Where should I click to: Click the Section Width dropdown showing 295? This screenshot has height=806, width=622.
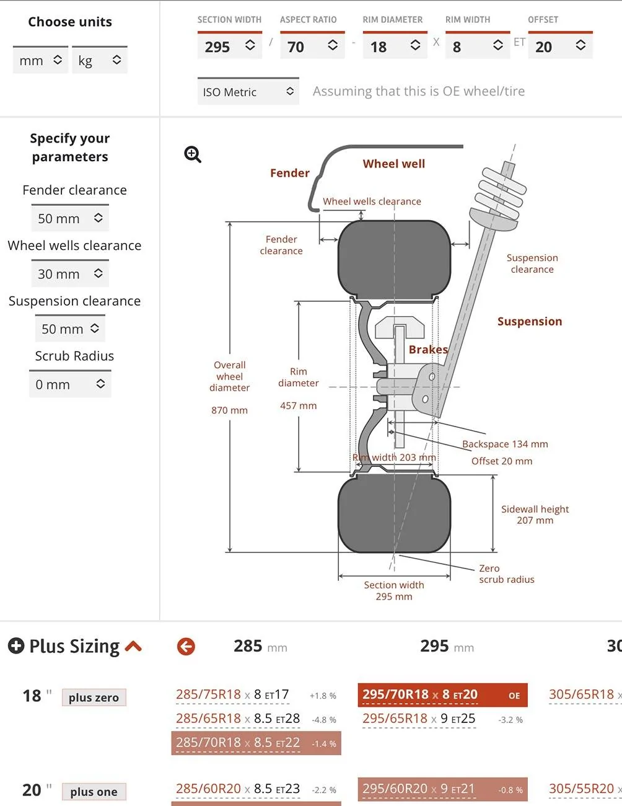click(x=229, y=46)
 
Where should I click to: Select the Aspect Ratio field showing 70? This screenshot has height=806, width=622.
click(x=312, y=46)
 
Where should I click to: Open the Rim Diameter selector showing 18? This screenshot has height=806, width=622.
click(x=395, y=46)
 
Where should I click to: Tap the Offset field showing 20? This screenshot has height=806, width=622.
click(x=560, y=46)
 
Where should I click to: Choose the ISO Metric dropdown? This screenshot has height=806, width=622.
click(x=248, y=92)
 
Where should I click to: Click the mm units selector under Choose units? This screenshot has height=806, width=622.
click(x=40, y=60)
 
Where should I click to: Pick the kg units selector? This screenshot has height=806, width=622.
click(x=99, y=60)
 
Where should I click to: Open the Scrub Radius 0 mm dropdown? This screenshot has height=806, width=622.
click(x=70, y=384)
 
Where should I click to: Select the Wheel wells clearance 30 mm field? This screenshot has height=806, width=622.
click(x=70, y=274)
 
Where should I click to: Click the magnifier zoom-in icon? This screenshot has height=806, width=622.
click(x=193, y=154)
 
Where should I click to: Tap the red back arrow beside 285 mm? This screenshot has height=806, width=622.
click(x=186, y=647)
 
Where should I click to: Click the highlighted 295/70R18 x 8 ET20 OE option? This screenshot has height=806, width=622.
click(x=442, y=695)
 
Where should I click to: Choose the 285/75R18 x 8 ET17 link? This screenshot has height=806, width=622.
click(x=232, y=695)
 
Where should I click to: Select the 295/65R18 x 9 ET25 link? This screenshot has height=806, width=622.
click(x=419, y=719)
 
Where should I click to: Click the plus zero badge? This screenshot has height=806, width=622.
click(x=94, y=697)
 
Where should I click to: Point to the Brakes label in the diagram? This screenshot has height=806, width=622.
click(x=428, y=350)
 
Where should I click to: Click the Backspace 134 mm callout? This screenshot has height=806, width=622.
click(x=505, y=444)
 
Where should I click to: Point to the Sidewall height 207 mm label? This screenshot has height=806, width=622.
click(x=535, y=515)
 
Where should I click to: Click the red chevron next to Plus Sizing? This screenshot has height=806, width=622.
click(x=133, y=647)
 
